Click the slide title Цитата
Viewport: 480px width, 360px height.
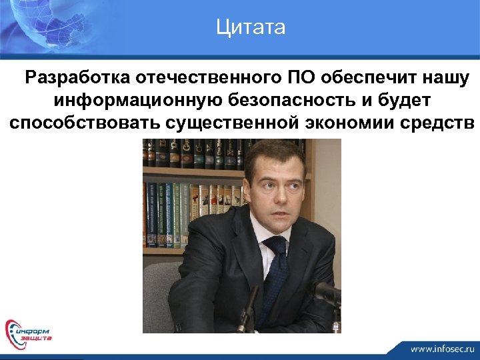251,27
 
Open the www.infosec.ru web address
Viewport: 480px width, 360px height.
441,348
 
